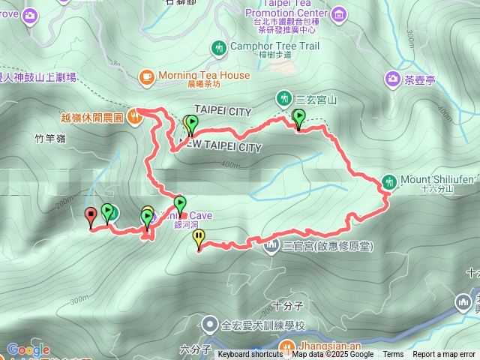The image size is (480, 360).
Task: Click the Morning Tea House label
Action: [204, 75]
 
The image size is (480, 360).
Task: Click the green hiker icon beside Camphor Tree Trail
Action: [219, 48]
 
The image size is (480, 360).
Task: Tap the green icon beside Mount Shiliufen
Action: [389, 180]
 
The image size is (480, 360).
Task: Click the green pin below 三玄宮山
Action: [299, 118]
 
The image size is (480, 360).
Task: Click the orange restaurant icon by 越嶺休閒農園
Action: [134, 115]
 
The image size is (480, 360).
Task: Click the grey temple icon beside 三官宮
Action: [271, 245]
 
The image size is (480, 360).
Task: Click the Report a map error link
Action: [444, 355]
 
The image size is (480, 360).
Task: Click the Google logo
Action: [28, 349]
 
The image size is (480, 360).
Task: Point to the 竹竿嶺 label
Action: [50, 138]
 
